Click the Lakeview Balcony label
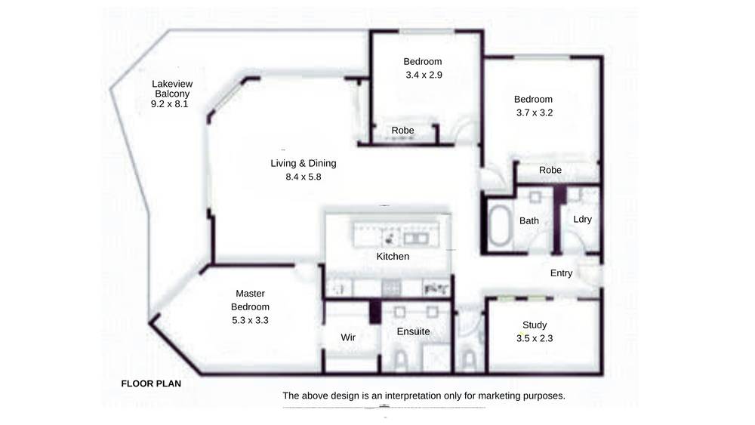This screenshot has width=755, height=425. (x=172, y=88)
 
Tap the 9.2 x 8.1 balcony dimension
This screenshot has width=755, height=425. (x=169, y=104)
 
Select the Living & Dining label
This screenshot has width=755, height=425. (x=304, y=163)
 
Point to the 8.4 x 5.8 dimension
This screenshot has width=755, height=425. (x=304, y=177)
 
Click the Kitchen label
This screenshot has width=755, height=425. (x=393, y=257)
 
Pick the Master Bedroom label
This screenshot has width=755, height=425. (x=250, y=300)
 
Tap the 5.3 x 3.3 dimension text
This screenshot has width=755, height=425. (x=250, y=320)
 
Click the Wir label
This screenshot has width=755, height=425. (x=348, y=337)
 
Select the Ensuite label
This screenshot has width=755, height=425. (x=413, y=331)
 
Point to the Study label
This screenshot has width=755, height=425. (x=535, y=325)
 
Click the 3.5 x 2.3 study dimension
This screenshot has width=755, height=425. (x=535, y=338)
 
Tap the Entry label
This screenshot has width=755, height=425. (x=562, y=273)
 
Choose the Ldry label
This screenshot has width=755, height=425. (x=583, y=220)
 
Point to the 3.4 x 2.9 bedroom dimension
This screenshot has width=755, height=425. (x=424, y=75)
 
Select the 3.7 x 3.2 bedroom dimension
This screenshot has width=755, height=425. (x=535, y=112)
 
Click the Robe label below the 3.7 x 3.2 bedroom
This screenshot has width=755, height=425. (x=550, y=170)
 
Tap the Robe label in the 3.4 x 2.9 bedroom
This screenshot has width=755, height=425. (x=402, y=131)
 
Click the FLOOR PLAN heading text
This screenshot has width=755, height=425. (x=151, y=383)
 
